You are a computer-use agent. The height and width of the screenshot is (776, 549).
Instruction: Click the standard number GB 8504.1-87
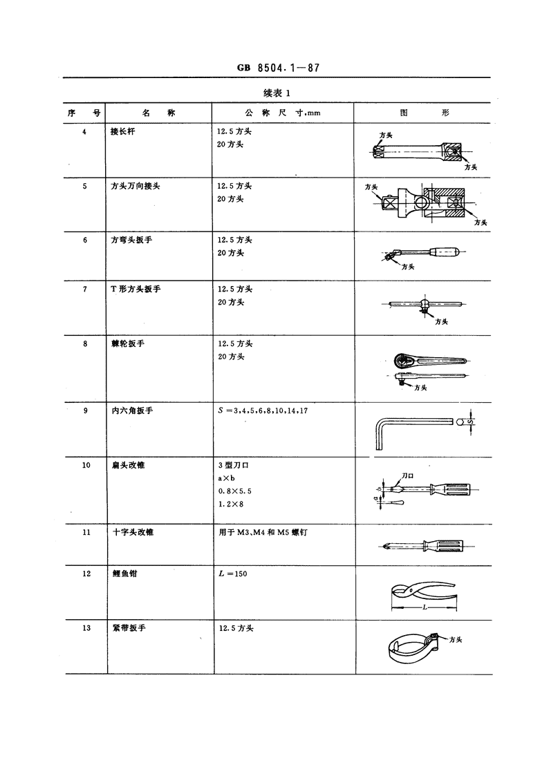coord(278,68)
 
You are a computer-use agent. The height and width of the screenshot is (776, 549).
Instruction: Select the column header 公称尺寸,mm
coord(283,113)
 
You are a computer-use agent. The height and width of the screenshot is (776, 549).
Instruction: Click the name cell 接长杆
coord(123,132)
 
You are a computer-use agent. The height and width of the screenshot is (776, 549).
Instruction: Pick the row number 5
coord(84,186)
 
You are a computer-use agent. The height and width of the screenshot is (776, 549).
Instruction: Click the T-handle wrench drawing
coord(425,305)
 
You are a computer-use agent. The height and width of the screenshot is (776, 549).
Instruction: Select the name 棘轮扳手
coord(128,343)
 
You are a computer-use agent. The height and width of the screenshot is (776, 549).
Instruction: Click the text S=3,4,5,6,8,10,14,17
coord(263,410)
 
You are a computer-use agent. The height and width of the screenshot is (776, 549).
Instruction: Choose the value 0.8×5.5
coord(235,491)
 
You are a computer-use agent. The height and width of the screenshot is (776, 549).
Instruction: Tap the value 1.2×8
coord(231,504)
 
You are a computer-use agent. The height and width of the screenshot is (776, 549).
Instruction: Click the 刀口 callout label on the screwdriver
coord(407,475)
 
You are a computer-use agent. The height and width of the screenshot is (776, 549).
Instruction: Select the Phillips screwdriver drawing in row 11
coord(428,547)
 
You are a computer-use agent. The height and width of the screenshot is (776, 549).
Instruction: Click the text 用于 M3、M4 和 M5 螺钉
coord(263,533)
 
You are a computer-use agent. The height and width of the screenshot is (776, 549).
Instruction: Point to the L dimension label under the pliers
coord(425,607)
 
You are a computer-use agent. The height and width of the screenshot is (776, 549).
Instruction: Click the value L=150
coord(233,574)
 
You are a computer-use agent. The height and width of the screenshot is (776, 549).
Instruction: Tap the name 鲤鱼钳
coord(124,574)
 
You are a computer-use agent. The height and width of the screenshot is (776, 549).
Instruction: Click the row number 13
coord(86,628)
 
